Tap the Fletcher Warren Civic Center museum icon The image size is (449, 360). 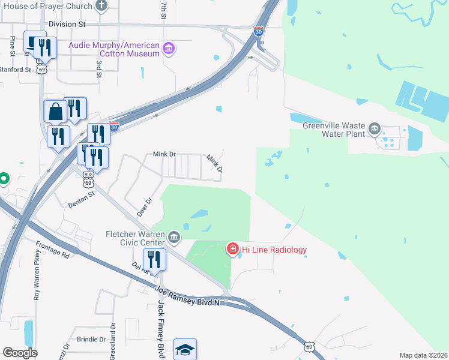click(x=174, y=238)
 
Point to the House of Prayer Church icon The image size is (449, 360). click(x=101, y=7)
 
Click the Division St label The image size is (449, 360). click(x=67, y=24)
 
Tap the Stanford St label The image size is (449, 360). click(x=17, y=70)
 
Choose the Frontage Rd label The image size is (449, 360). click(x=52, y=250)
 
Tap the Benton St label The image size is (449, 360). click(x=83, y=196)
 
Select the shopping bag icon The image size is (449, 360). click(x=55, y=112)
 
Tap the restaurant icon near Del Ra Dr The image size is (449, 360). click(x=155, y=260)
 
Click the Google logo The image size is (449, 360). click(x=20, y=353)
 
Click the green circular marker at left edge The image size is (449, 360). click(x=3, y=178)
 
